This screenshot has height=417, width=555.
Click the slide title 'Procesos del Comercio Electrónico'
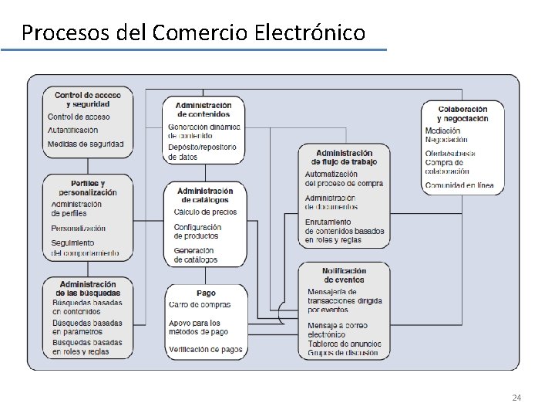tap(193, 33)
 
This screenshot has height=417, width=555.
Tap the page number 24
tap(516, 398)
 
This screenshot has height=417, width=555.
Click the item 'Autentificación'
tap(73, 130)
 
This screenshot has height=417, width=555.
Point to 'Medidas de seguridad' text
tap(85, 144)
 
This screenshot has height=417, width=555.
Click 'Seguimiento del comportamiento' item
tap(85, 248)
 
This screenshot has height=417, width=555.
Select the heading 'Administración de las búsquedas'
tap(88, 289)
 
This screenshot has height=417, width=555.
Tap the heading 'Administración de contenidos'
tap(203, 110)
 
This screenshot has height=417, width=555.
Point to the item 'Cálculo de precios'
tap(205, 212)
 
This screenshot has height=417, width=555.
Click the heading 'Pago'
tap(206, 293)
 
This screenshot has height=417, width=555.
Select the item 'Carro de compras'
tap(200, 305)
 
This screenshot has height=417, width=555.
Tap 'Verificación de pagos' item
tap(205, 350)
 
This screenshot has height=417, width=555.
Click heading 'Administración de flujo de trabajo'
tap(343, 158)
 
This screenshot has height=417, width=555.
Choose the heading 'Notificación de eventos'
tap(344, 276)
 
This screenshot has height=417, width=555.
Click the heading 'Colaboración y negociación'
tap(462, 114)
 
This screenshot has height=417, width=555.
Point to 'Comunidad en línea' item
tap(459, 185)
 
